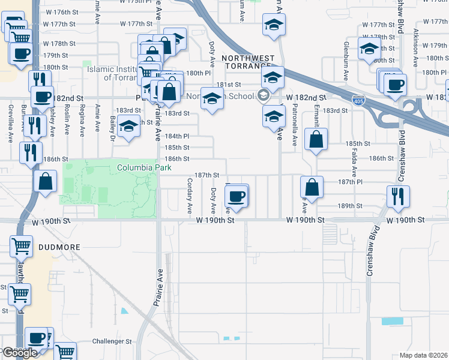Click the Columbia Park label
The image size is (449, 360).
[136, 167]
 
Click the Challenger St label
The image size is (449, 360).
[112, 341]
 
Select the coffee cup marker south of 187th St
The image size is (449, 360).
[237, 195]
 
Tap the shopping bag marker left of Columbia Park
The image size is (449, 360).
[46, 181]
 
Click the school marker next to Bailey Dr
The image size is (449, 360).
[128, 126]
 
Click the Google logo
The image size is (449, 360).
[19, 353]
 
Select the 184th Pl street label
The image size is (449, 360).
[177, 136]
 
